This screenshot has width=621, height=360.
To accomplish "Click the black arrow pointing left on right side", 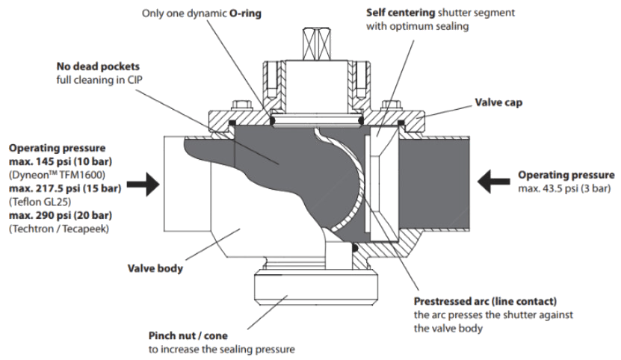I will click(495, 179).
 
